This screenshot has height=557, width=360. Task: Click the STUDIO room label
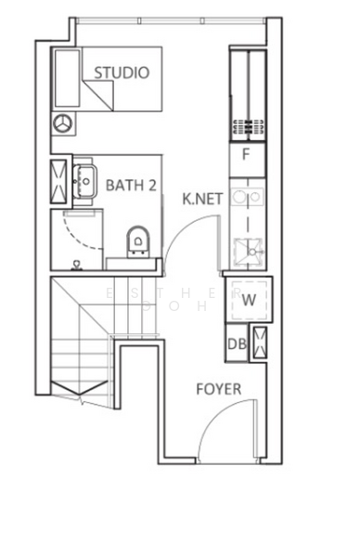coord(122,72)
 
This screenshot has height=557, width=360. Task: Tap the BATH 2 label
coord(131,186)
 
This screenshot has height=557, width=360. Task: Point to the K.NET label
coord(202,199)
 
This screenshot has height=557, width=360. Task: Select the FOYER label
coord(219,389)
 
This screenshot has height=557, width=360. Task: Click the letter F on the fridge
coord(246,154)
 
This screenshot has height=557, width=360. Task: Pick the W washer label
coord(249,300)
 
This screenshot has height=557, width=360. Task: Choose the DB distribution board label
coord(238,343)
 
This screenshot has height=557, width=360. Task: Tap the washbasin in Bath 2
coord(85,181)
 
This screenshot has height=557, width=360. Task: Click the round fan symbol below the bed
coord(63,123)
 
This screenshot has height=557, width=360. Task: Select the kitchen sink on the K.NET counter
coord(249,253)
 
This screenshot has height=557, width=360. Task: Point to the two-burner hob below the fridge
coord(247,197)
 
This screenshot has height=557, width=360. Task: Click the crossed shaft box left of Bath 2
coord(58,182)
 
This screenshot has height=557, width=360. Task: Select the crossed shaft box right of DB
coord(260,343)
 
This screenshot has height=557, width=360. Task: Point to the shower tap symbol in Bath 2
coord(76,266)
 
